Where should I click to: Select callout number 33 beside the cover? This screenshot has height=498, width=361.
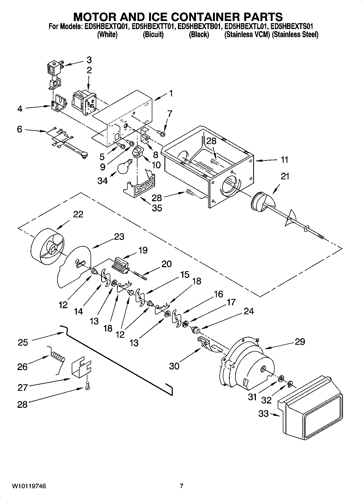point(263,413)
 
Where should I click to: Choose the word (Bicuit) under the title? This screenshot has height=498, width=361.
point(153,34)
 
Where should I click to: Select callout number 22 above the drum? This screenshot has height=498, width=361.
point(78,214)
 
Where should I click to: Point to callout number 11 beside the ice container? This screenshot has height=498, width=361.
point(284,160)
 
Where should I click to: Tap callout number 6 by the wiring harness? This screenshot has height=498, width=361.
point(19,129)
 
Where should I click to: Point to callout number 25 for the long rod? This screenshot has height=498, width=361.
point(23,342)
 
